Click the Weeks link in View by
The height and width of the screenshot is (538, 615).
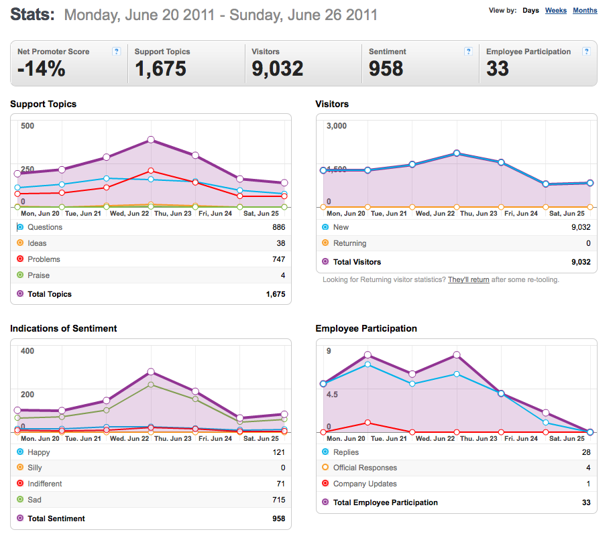[556, 11]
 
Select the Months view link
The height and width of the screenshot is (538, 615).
[585, 11]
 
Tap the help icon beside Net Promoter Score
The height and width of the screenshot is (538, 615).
[116, 52]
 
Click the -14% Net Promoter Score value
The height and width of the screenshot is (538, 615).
[42, 68]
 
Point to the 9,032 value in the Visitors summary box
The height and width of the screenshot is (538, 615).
[277, 68]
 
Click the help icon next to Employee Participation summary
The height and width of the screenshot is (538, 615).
[586, 52]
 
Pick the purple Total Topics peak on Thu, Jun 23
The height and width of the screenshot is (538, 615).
[151, 140]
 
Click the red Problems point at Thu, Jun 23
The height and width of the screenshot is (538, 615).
[151, 171]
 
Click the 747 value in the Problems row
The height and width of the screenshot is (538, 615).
[278, 259]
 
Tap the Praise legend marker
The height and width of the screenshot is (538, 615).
[20, 275]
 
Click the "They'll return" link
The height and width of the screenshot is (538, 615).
[469, 280]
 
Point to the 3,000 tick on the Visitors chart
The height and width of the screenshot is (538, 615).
[337, 126]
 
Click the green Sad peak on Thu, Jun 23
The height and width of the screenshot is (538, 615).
[151, 385]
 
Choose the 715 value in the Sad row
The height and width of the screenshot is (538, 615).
[278, 500]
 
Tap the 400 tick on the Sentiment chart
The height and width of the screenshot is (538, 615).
[27, 351]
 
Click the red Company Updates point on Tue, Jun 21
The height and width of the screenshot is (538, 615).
[368, 422]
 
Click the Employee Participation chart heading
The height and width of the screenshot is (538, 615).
[366, 328]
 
